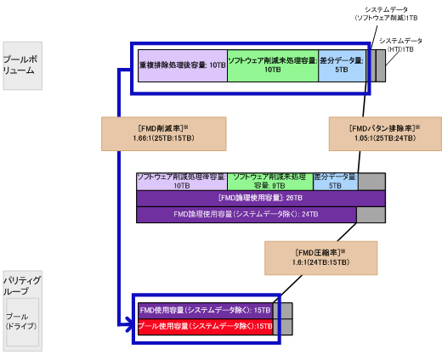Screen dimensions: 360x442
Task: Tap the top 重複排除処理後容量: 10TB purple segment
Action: click(x=182, y=65)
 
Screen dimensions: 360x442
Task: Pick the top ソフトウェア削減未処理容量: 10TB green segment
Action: click(x=272, y=65)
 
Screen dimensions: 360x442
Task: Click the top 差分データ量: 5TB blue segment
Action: click(x=342, y=65)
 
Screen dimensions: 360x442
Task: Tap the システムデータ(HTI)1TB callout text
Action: click(x=400, y=45)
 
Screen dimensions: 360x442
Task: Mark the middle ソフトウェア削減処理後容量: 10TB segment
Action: click(x=181, y=181)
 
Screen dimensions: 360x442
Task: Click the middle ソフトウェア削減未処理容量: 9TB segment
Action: click(x=269, y=181)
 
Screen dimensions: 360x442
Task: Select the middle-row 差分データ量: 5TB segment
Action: click(x=334, y=181)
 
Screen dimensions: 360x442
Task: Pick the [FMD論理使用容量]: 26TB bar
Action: click(x=260, y=198)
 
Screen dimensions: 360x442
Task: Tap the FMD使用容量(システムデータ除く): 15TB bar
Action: click(x=205, y=311)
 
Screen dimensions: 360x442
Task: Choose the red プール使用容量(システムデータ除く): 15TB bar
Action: click(x=205, y=325)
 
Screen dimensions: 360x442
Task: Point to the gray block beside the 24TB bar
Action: click(x=371, y=215)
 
